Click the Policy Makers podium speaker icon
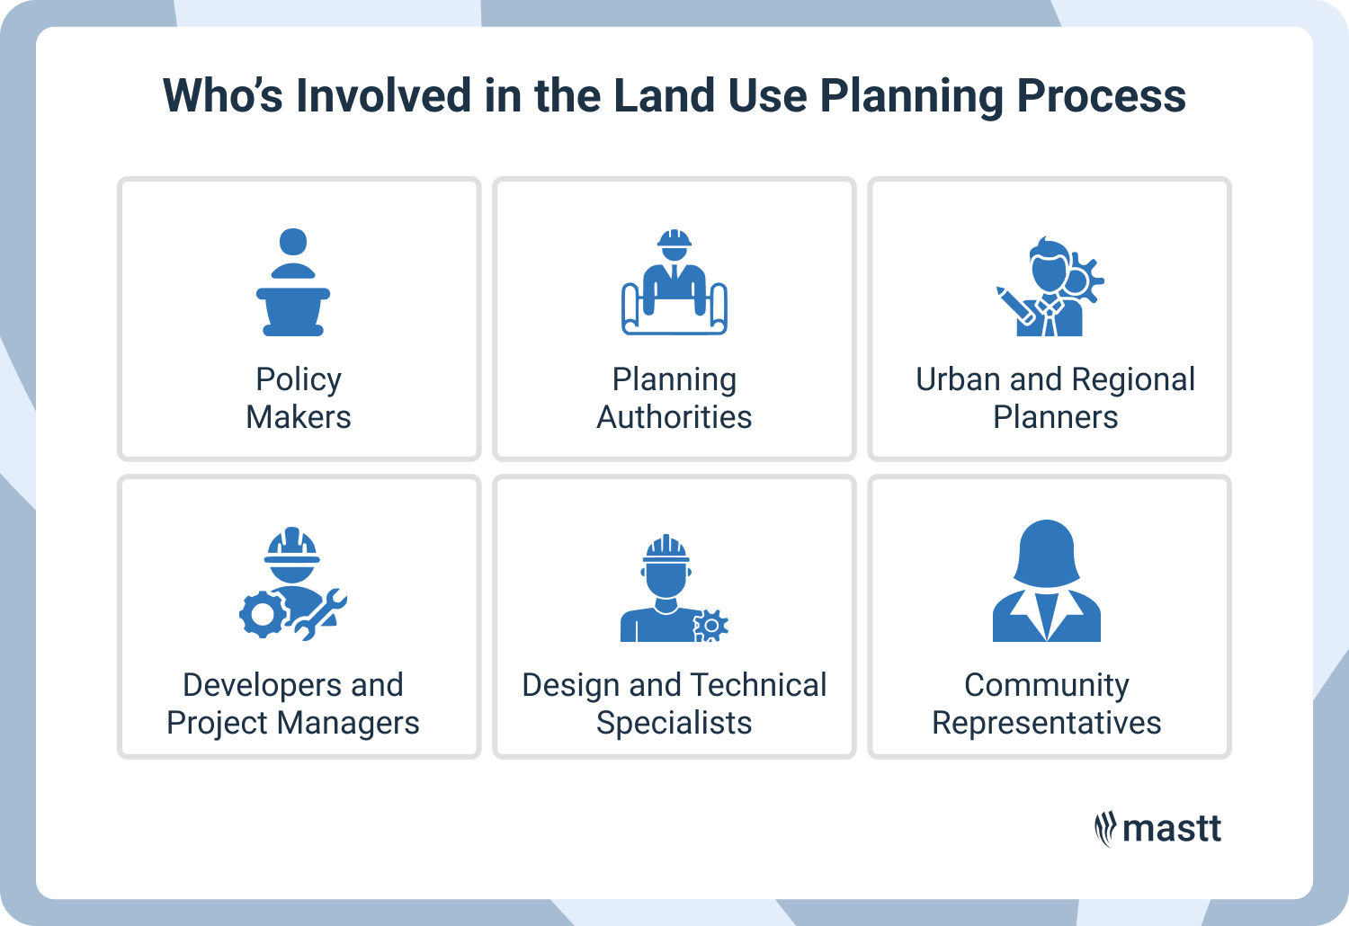(293, 282)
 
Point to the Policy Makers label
(299, 398)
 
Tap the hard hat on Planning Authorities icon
(674, 239)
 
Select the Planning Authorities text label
(674, 398)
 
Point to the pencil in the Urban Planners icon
(1014, 305)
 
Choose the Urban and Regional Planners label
(1055, 398)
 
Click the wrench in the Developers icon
(320, 614)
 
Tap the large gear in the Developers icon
(262, 615)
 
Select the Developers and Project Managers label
(293, 704)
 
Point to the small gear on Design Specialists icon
(710, 625)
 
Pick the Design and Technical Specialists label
(674, 704)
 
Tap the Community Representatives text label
(1046, 704)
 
